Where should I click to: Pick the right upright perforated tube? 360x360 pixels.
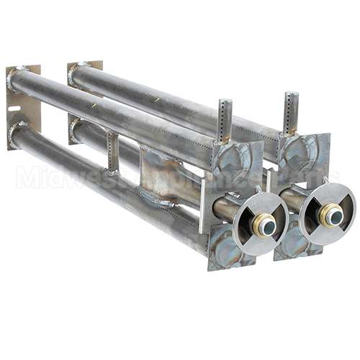(290, 112)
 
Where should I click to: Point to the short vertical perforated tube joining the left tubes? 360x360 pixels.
(112, 151)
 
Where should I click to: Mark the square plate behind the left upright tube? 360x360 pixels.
(238, 160)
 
